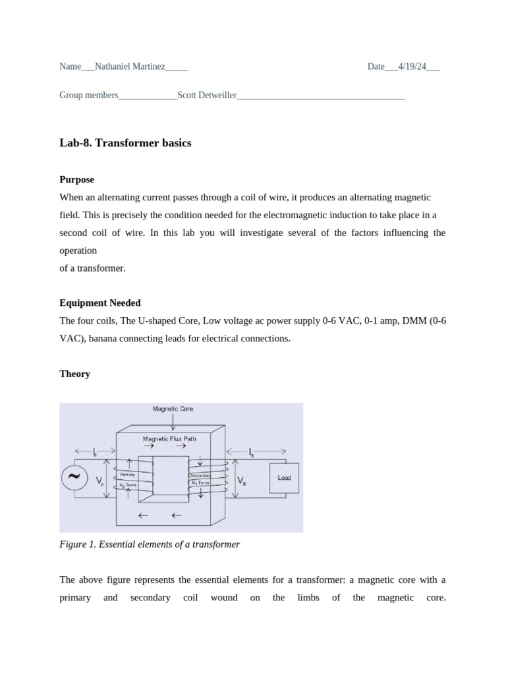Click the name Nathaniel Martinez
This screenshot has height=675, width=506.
tap(130, 67)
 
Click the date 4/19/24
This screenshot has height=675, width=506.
tap(412, 67)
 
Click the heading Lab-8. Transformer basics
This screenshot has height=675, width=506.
tap(125, 142)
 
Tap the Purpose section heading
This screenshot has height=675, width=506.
tap(76, 179)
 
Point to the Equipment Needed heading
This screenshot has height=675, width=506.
tap(99, 303)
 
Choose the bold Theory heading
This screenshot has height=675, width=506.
tap(74, 374)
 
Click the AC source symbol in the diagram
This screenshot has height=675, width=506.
tap(74, 477)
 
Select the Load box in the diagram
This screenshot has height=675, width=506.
tap(284, 478)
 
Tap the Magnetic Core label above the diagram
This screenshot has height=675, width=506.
tap(173, 409)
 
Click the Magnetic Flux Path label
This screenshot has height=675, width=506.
tap(169, 438)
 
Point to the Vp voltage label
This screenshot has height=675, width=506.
tap(100, 482)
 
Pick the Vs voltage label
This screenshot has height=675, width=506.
tap(242, 482)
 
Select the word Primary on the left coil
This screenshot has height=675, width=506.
tap(127, 475)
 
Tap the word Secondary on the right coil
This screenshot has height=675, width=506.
tap(200, 475)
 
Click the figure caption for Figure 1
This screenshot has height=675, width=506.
tap(150, 544)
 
